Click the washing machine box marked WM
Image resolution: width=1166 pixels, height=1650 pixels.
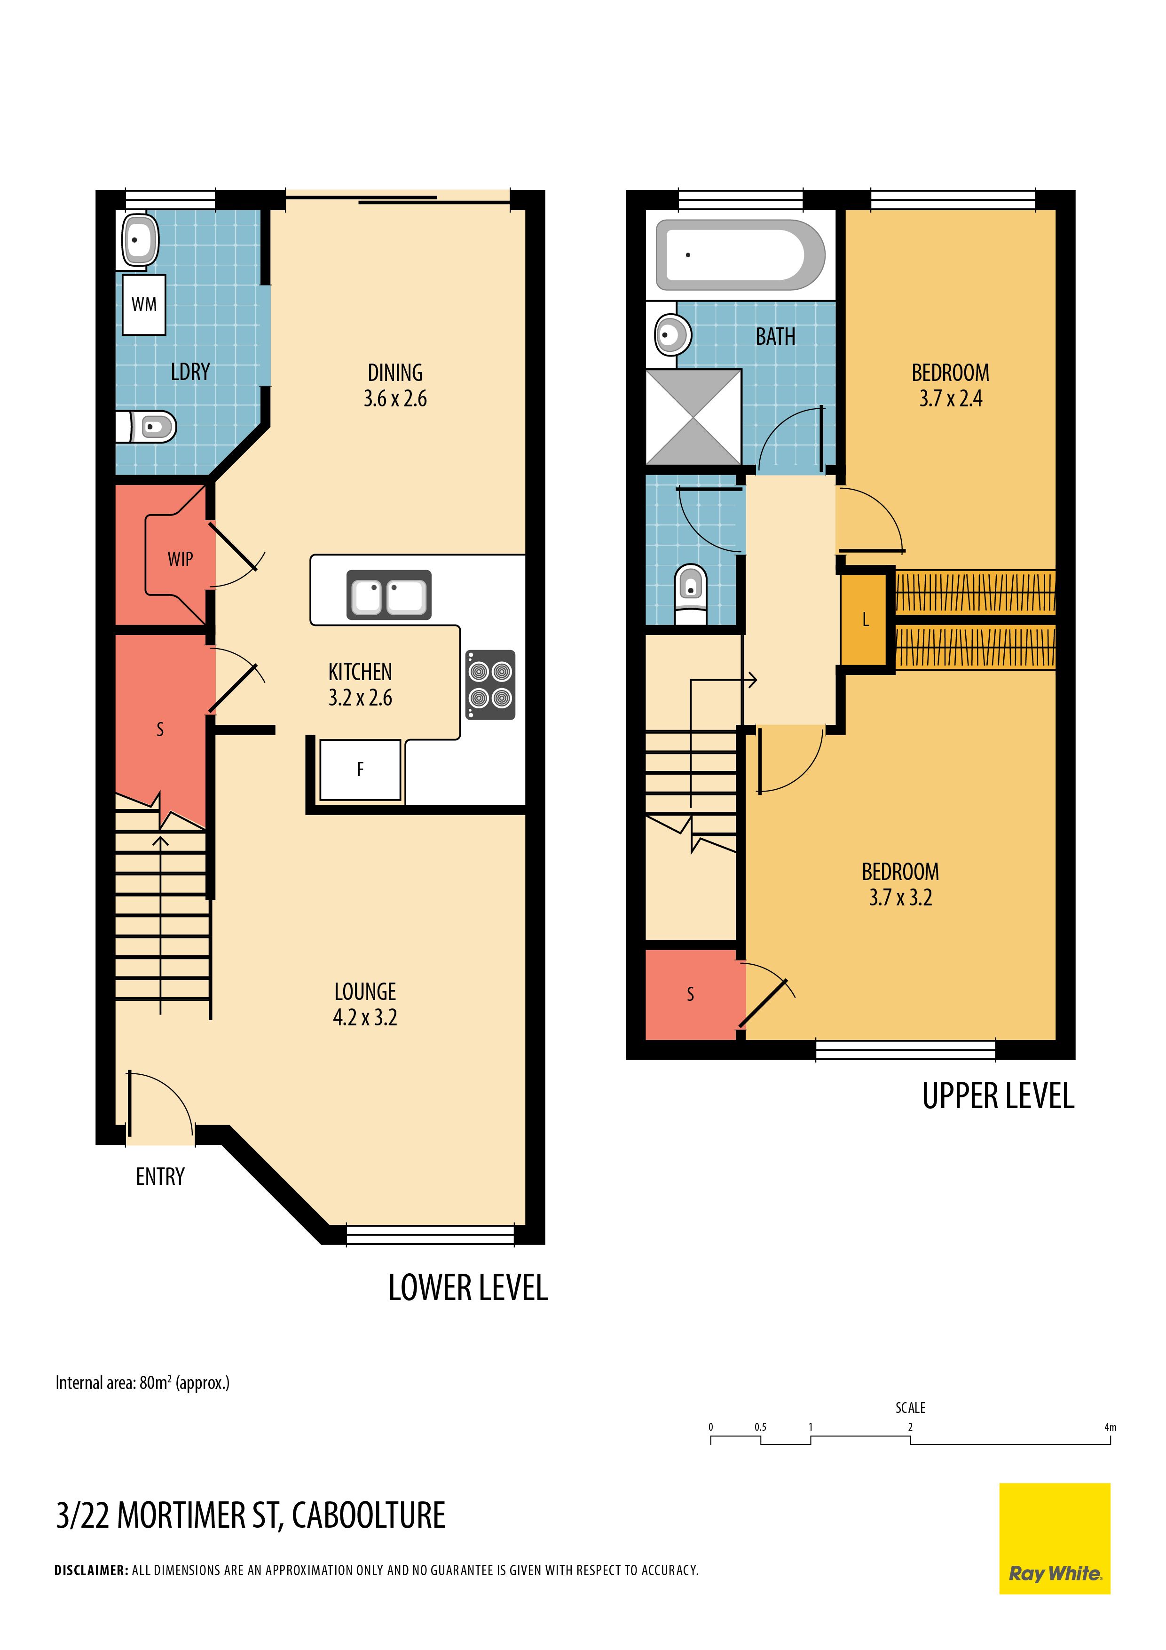pyautogui.click(x=144, y=305)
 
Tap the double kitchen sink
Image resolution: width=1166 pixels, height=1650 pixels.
pyautogui.click(x=389, y=595)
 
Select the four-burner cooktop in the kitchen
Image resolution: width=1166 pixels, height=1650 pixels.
pyautogui.click(x=490, y=685)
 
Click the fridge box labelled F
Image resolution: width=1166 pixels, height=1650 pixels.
pyautogui.click(x=360, y=769)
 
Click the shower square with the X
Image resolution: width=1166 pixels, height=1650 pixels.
pyautogui.click(x=693, y=417)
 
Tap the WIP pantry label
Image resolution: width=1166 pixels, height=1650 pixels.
pyautogui.click(x=181, y=559)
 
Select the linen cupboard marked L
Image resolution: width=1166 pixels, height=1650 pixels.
pyautogui.click(x=865, y=619)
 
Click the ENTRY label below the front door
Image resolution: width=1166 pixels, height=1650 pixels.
pyautogui.click(x=160, y=1176)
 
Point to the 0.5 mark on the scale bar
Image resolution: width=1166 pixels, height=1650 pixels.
pyautogui.click(x=760, y=1427)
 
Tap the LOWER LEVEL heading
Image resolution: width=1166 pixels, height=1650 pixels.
pyautogui.click(x=468, y=1288)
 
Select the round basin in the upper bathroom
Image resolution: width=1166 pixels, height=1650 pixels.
pyautogui.click(x=672, y=334)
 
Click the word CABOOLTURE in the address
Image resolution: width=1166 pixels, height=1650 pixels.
pyautogui.click(x=369, y=1515)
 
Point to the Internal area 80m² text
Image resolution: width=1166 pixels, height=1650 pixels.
pyautogui.click(x=142, y=1383)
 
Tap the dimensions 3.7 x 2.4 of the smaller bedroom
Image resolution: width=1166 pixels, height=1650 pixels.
pyautogui.click(x=951, y=399)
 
